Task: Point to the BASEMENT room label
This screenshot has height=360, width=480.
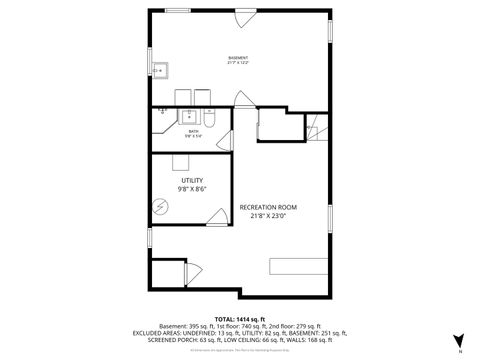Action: tap(238, 58)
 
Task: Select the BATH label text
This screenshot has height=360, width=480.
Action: tap(193, 131)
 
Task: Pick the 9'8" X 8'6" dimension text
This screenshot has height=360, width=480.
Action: tap(191, 188)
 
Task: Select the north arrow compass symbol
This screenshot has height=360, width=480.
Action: tap(458, 340)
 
